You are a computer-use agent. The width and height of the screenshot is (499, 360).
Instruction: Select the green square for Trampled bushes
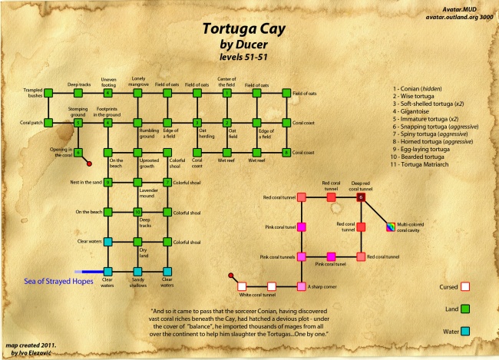48,93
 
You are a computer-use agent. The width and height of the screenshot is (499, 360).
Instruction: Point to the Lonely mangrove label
138,81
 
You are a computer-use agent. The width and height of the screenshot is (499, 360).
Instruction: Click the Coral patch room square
48,122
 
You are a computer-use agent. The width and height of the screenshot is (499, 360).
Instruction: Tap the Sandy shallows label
138,283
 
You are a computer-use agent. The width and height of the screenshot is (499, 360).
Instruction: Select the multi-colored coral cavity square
390,226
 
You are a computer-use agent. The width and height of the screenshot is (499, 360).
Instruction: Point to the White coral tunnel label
257,294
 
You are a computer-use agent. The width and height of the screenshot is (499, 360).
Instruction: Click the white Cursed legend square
464,288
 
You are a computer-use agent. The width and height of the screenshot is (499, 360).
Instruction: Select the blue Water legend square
464,331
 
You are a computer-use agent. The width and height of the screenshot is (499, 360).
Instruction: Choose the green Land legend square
464,309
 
